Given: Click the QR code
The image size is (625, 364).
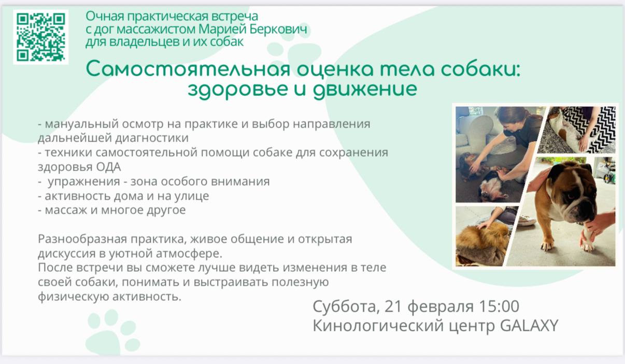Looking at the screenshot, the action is [41, 37].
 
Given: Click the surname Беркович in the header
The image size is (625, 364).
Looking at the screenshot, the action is [278, 29].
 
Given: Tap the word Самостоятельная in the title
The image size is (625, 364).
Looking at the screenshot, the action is [188, 69].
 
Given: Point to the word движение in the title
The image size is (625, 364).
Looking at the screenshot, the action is [365, 89].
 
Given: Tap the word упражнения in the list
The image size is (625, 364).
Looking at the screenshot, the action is [84, 181].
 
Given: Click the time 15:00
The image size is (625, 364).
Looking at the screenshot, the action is [499, 306].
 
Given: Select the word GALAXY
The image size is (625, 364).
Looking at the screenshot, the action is [529, 326].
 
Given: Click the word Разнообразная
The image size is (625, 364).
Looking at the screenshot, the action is [82, 239].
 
